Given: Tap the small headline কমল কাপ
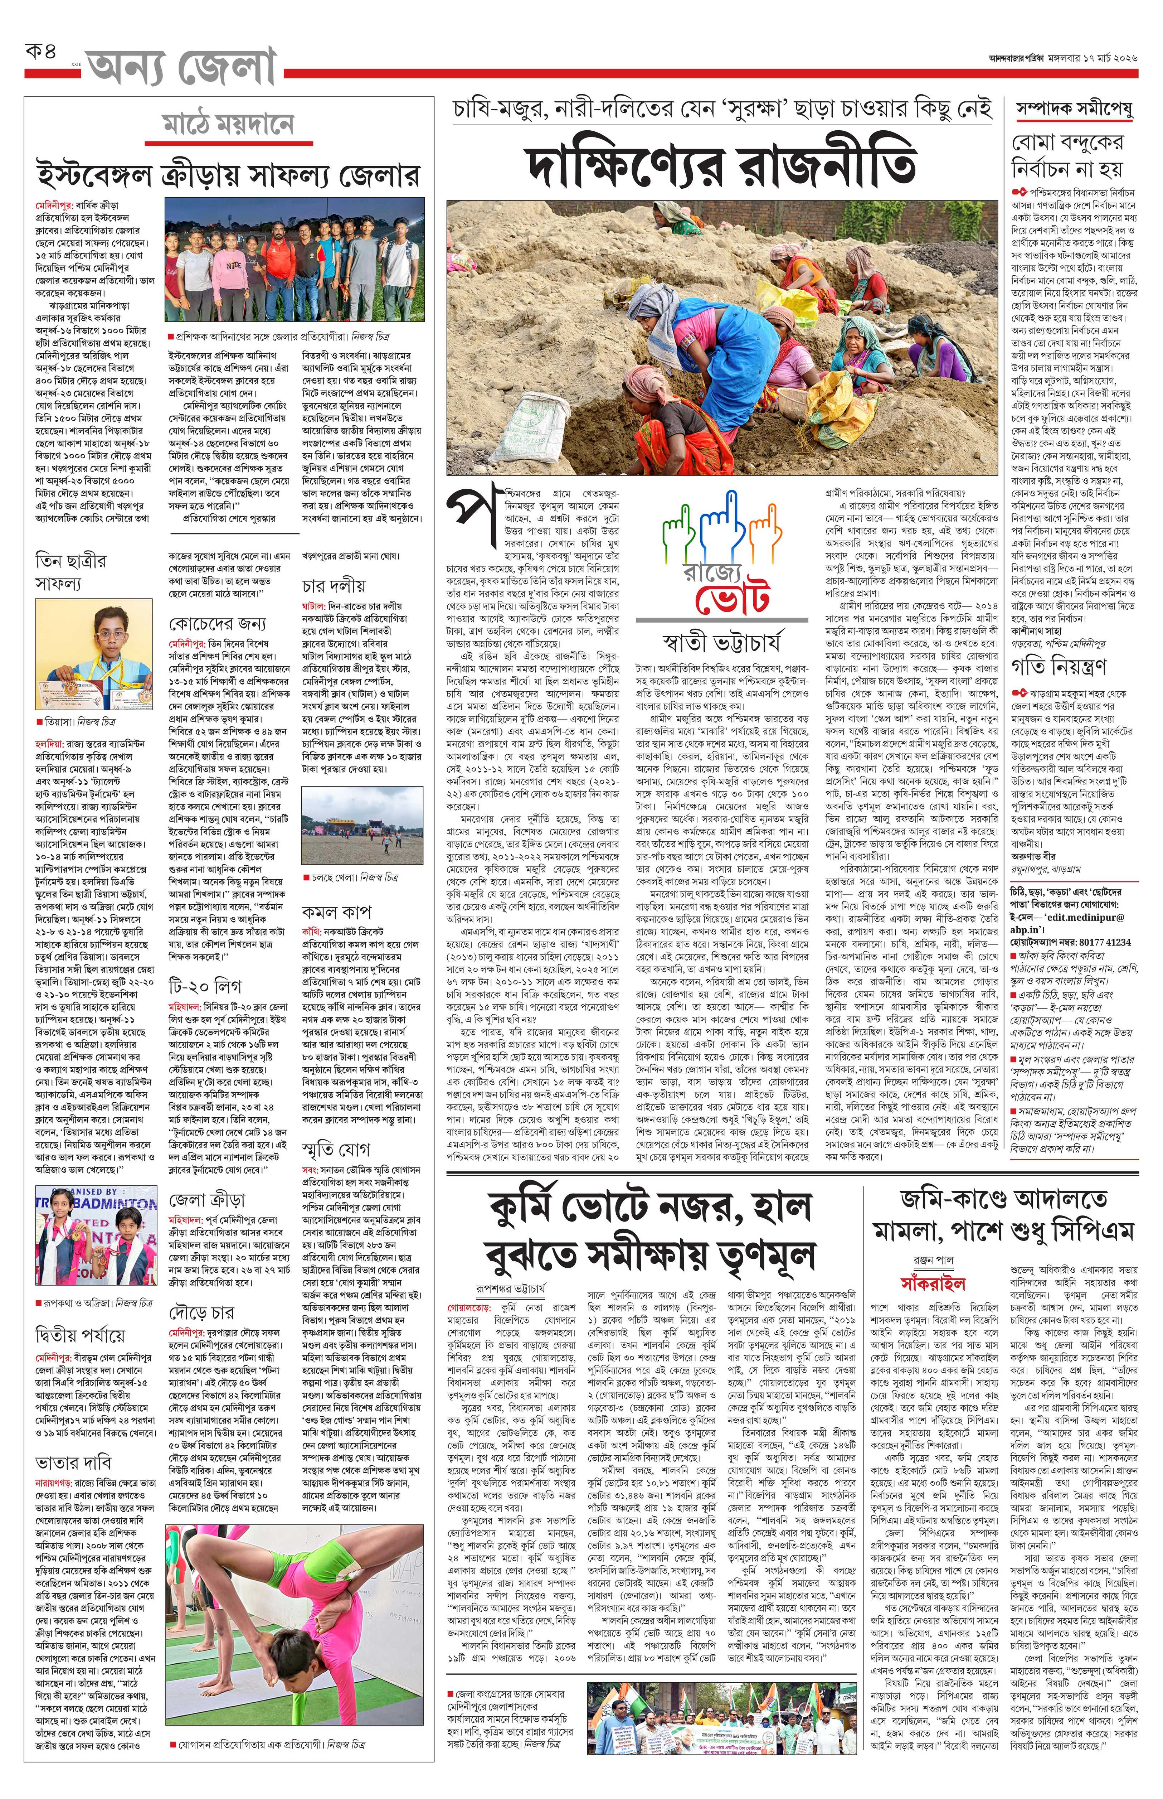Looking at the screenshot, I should (x=335, y=911).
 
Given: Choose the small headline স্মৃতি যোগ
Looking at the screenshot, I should (x=336, y=1149).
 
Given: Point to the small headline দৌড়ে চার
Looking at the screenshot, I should (x=201, y=1312).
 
